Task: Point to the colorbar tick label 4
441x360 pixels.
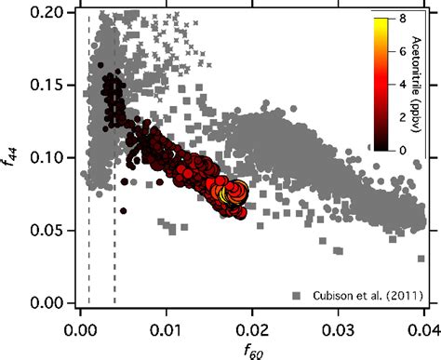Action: point(400,82)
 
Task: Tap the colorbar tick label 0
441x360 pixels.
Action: point(400,147)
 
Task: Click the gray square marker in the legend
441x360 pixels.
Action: point(297,296)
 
